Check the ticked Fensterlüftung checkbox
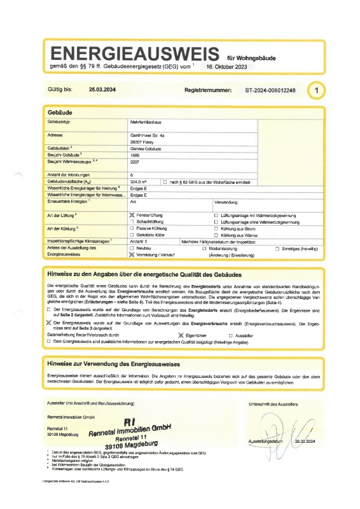pos(132,216)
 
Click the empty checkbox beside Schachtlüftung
pos(132,222)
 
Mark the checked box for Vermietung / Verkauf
pos(132,253)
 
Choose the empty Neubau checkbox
pos(132,248)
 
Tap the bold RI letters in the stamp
pos(130,421)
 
